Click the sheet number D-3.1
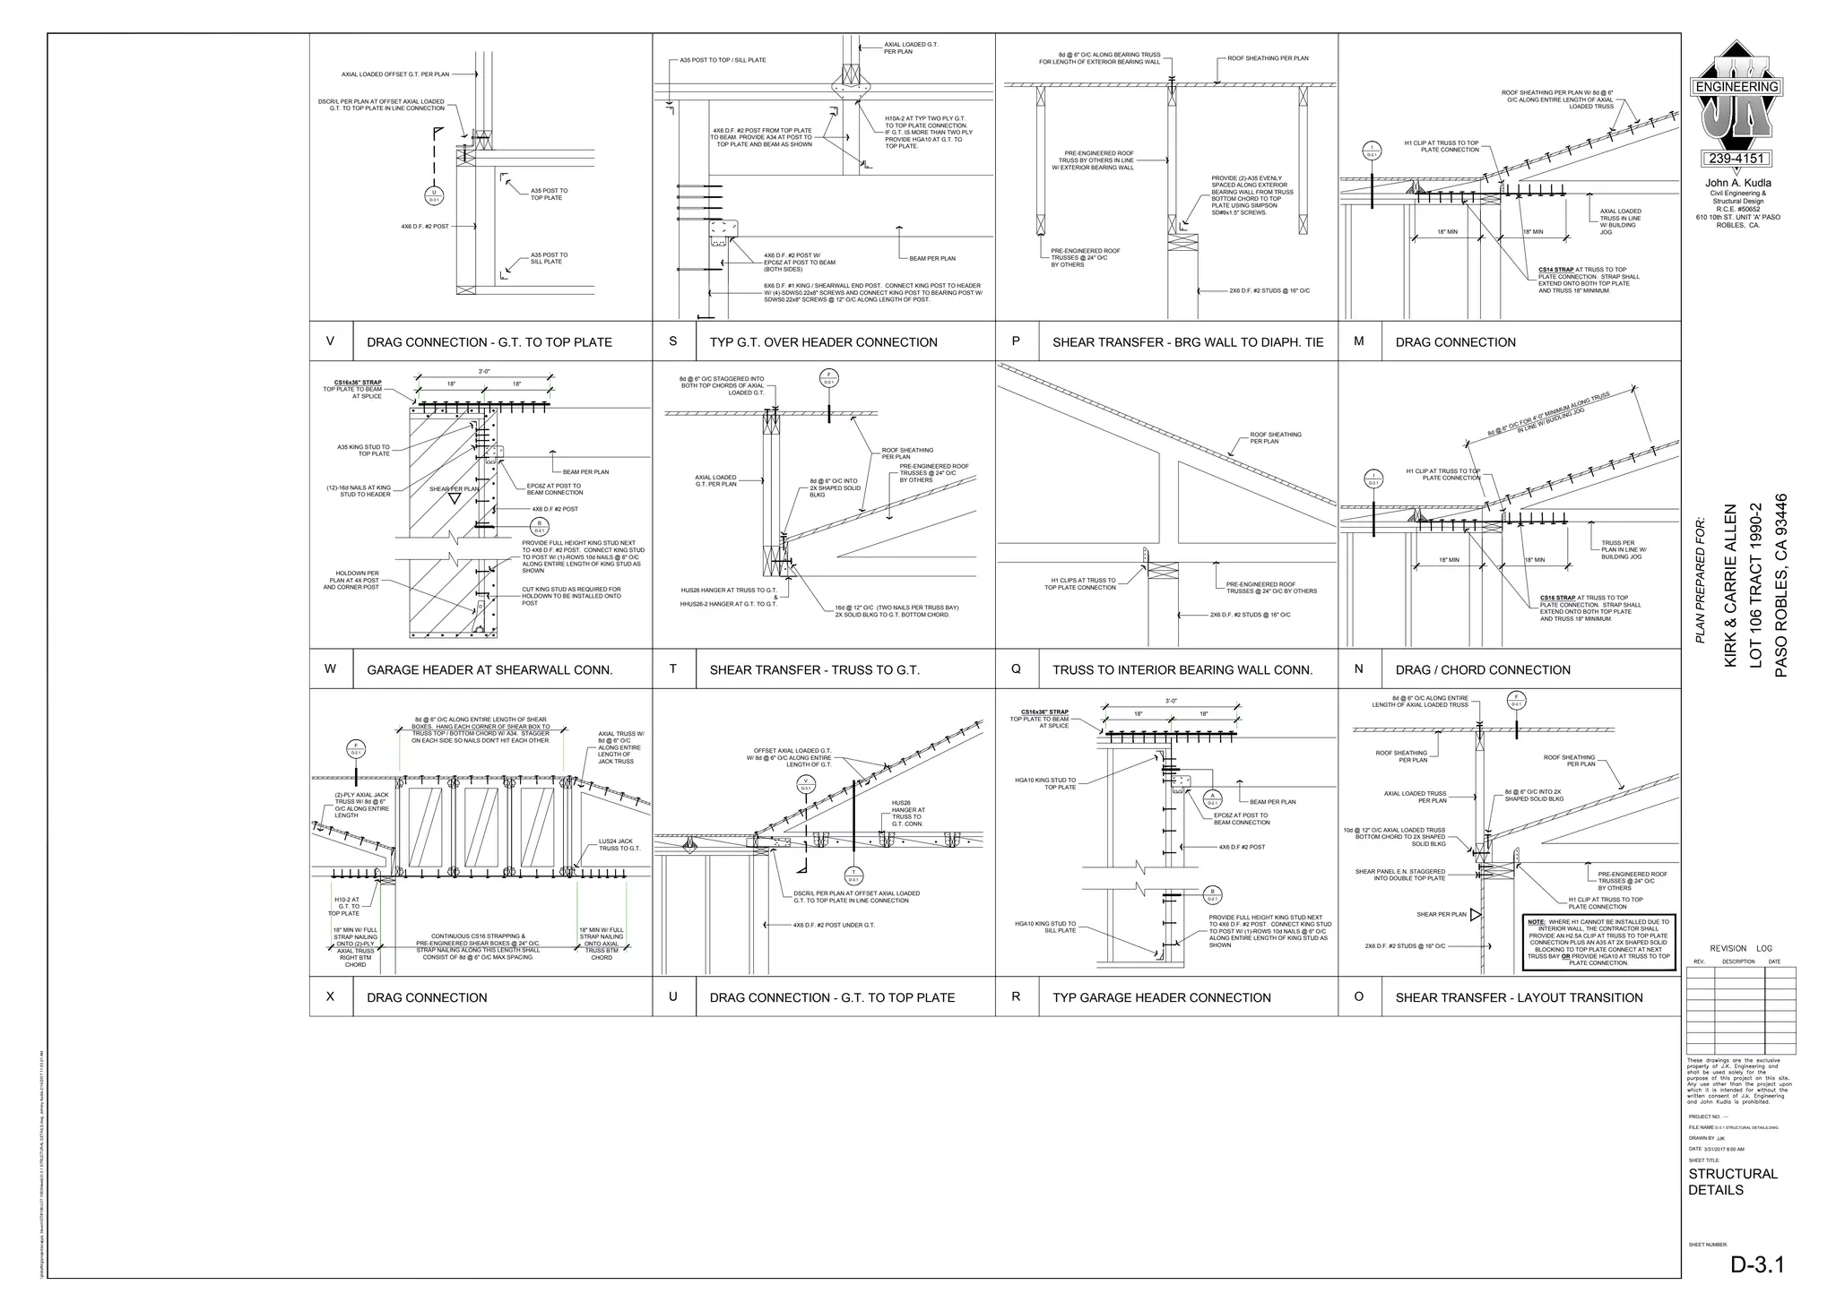pyautogui.click(x=1757, y=1264)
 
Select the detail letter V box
pyautogui.click(x=331, y=341)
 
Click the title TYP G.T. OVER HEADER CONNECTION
pyautogui.click(x=823, y=341)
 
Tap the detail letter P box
pyautogui.click(x=1016, y=341)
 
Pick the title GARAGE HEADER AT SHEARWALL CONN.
pyautogui.click(x=489, y=669)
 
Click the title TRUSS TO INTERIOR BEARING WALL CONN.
pyautogui.click(x=1182, y=669)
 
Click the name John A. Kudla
pyautogui.click(x=1737, y=183)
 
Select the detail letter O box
pyautogui.click(x=1359, y=996)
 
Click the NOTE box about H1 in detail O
pyautogui.click(x=1598, y=942)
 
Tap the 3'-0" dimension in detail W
pyautogui.click(x=484, y=371)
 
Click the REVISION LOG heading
pyautogui.click(x=1740, y=948)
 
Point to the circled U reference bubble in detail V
pyautogui.click(x=434, y=196)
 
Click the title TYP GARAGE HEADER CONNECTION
pyautogui.click(x=1161, y=997)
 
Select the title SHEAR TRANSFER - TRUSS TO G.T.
pyautogui.click(x=814, y=669)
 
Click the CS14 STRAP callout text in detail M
pyautogui.click(x=1556, y=270)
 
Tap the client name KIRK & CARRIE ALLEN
pyautogui.click(x=1730, y=585)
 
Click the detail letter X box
pyautogui.click(x=331, y=996)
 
